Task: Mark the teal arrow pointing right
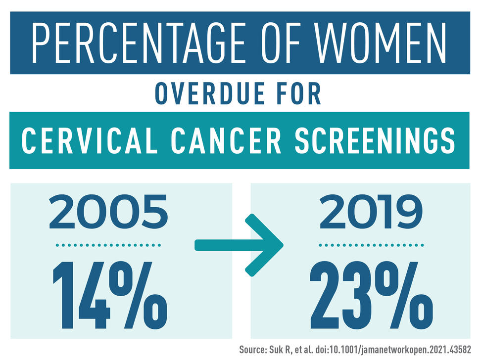[x=239, y=244]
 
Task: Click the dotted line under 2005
[x=108, y=245]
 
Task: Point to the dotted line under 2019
[x=371, y=245]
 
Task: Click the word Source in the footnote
[x=255, y=350]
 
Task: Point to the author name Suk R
[x=289, y=350]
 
